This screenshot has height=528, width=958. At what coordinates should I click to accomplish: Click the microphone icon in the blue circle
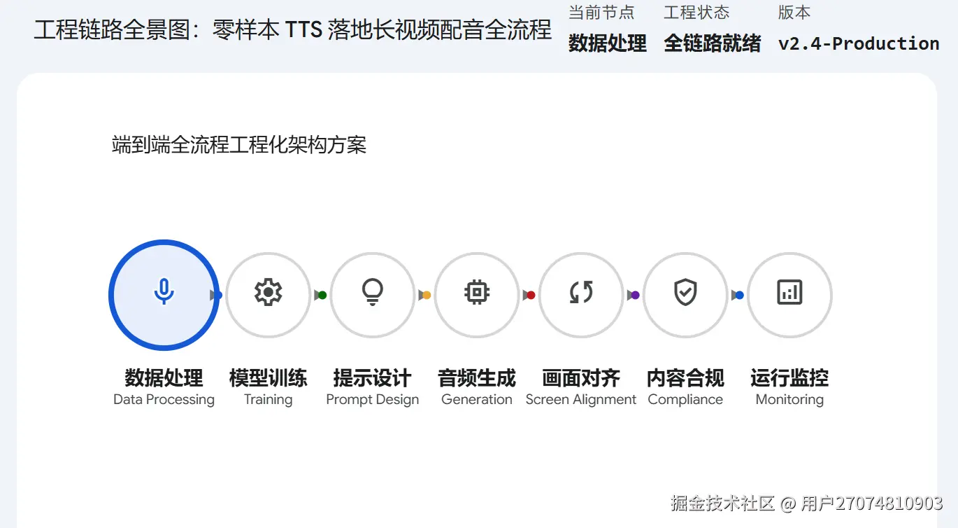click(164, 291)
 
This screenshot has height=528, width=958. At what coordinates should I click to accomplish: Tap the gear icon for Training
click(268, 292)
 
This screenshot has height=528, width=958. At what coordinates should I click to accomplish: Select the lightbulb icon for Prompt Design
click(372, 292)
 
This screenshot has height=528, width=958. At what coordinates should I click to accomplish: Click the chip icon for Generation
click(477, 292)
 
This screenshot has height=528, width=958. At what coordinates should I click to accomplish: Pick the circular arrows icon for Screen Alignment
click(581, 292)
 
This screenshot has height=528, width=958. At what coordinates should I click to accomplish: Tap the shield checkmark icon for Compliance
click(685, 292)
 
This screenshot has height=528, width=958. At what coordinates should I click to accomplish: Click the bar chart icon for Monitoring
click(789, 292)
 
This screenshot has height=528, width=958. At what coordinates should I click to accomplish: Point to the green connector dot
click(322, 296)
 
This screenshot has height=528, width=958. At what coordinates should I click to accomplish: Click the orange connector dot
click(427, 296)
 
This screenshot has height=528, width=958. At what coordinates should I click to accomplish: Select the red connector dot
click(531, 296)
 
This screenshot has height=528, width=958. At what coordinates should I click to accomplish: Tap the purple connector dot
click(635, 296)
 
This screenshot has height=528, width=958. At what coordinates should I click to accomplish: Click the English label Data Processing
click(164, 400)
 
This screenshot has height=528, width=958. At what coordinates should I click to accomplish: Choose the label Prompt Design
click(372, 400)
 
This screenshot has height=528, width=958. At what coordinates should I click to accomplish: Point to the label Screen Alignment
click(581, 400)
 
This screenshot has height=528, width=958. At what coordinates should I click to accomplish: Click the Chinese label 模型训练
click(268, 378)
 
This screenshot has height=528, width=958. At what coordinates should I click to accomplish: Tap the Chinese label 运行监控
click(789, 378)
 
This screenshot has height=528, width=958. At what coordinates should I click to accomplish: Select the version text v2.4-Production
click(859, 43)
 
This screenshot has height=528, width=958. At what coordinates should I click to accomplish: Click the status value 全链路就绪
click(713, 43)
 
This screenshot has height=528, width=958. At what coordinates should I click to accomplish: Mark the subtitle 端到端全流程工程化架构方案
click(239, 145)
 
